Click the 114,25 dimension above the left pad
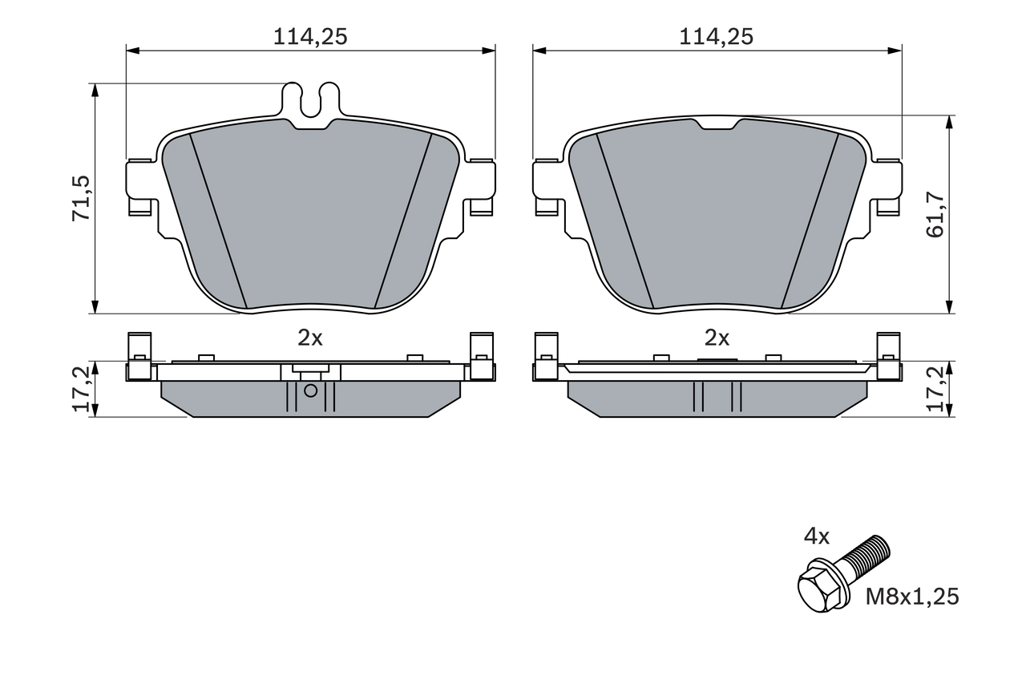(310, 36)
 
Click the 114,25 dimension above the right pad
(717, 36)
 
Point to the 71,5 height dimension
(81, 198)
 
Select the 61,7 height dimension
(935, 214)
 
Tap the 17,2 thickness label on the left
(81, 390)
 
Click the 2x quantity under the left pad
(310, 338)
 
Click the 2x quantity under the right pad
(717, 338)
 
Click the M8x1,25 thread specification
(911, 597)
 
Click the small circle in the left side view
(311, 391)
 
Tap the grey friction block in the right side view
(717, 398)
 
